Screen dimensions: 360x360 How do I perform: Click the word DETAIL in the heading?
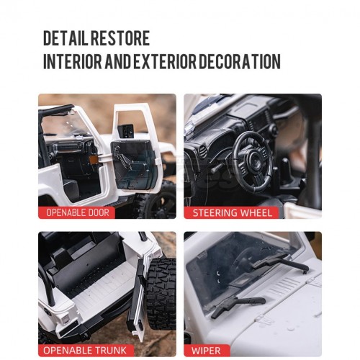point(66,38)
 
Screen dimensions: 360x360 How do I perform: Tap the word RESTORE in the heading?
point(120,38)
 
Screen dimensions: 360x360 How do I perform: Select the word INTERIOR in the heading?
point(73,61)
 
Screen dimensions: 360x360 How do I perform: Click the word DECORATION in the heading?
point(240,61)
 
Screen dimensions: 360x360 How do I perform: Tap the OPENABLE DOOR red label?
point(77,212)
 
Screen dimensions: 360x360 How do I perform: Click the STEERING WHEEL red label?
point(232,213)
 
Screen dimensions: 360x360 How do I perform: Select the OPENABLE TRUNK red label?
point(86,351)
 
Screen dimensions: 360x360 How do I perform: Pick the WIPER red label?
point(206,351)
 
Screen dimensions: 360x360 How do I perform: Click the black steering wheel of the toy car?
point(253,161)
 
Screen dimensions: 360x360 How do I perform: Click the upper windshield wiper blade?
point(280,264)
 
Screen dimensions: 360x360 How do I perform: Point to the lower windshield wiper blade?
point(238,305)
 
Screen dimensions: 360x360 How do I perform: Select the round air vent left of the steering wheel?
point(203,150)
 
